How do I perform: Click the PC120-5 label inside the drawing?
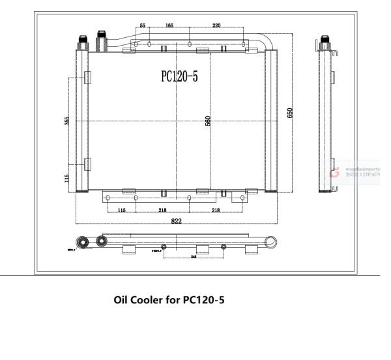pos(179,76)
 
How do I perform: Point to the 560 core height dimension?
pos(208,121)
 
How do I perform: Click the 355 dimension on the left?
pos(66,121)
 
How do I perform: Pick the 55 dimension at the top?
pos(143,25)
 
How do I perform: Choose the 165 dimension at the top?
pos(169,25)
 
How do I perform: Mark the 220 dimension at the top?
pos(216,25)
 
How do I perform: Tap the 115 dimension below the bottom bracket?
pos(121,210)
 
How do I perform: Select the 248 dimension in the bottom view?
pos(194,256)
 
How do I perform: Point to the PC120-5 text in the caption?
pos(204,300)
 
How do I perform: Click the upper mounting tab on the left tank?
pos(87,78)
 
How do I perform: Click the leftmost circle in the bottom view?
pos(83,241)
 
